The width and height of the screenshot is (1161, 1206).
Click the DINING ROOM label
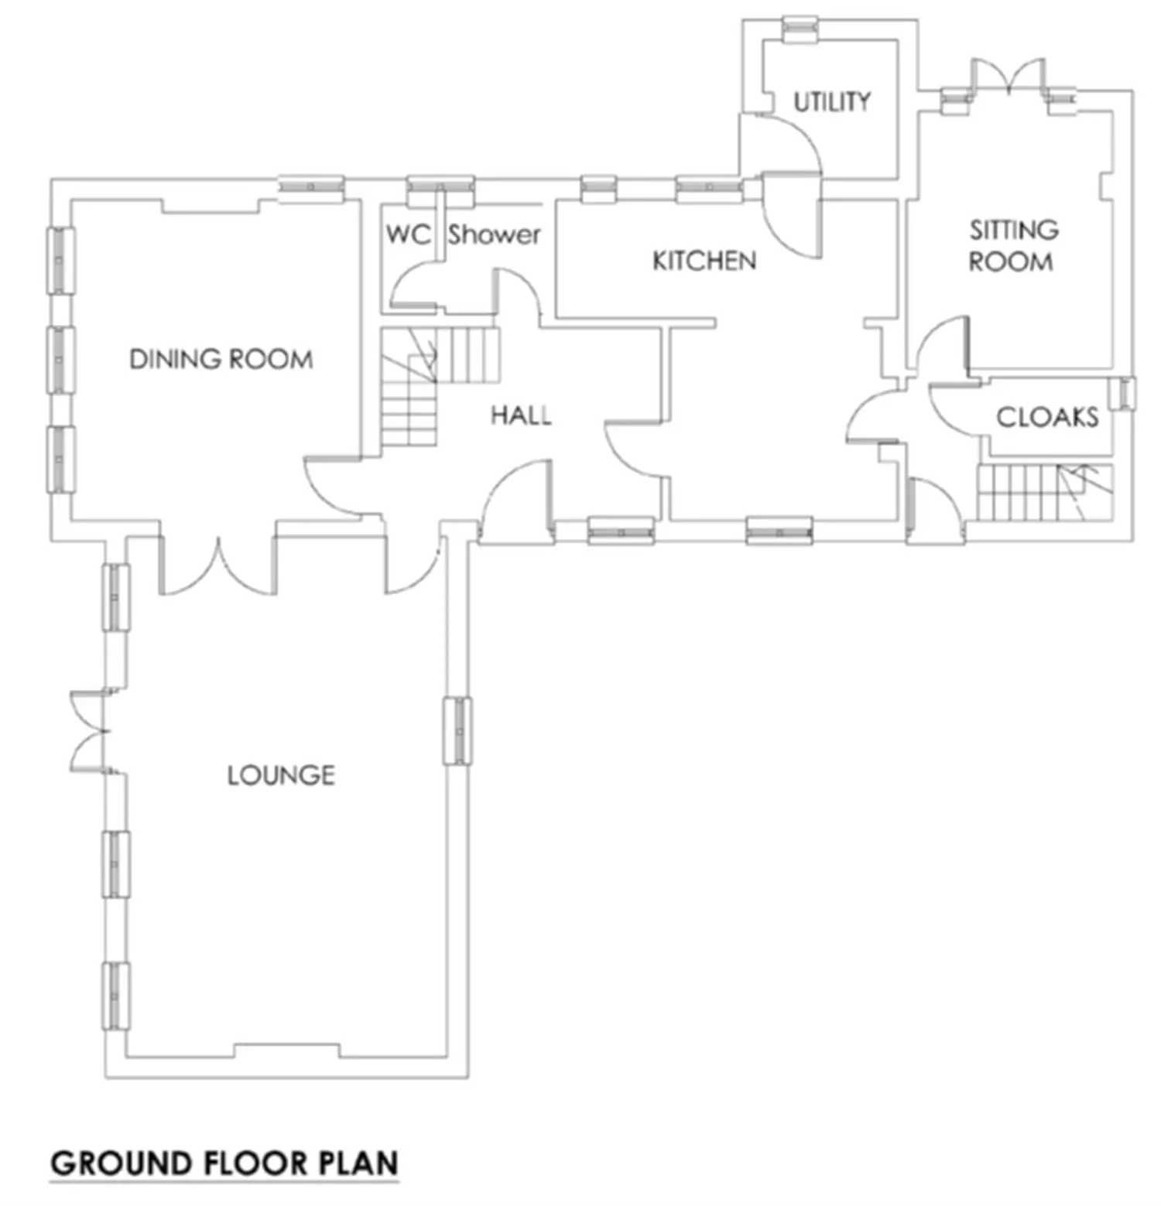tap(221, 360)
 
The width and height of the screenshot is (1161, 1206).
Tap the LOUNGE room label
tap(281, 776)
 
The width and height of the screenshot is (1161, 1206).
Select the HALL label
tap(521, 415)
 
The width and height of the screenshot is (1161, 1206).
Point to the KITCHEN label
tap(704, 261)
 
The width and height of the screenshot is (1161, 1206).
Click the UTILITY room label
tap(832, 101)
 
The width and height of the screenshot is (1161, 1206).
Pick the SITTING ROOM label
tap(1013, 245)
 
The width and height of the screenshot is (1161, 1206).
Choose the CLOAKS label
tap(1047, 418)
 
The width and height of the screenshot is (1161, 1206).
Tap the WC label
tap(408, 234)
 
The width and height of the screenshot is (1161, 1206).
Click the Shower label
tap(494, 234)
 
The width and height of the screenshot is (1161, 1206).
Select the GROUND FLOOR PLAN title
tap(224, 1163)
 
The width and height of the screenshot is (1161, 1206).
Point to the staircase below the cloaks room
tap(1045, 492)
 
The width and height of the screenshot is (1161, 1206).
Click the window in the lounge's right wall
tap(457, 731)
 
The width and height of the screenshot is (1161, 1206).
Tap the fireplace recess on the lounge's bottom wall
tap(286, 1051)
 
